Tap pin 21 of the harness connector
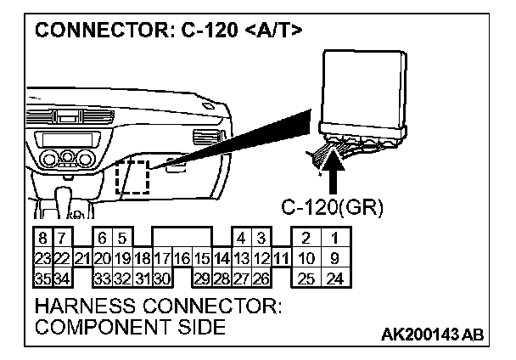tap(81, 256)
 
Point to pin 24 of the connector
tap(337, 277)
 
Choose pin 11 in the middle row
tap(281, 256)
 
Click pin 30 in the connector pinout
tap(162, 277)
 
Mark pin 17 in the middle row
tap(162, 256)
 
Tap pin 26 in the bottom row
tap(261, 277)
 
